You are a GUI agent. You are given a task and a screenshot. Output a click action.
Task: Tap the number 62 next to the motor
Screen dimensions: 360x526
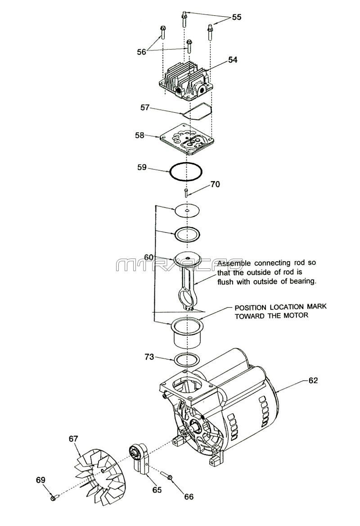pyautogui.click(x=313, y=381)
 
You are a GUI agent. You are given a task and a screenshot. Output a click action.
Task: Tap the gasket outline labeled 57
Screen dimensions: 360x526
pyautogui.click(x=197, y=111)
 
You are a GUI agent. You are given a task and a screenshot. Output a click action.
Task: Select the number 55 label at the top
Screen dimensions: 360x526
pyautogui.click(x=237, y=17)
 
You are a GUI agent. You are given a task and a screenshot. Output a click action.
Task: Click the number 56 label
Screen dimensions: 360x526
pyautogui.click(x=141, y=52)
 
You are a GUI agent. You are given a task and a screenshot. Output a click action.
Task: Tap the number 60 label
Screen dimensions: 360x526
pyautogui.click(x=148, y=257)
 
